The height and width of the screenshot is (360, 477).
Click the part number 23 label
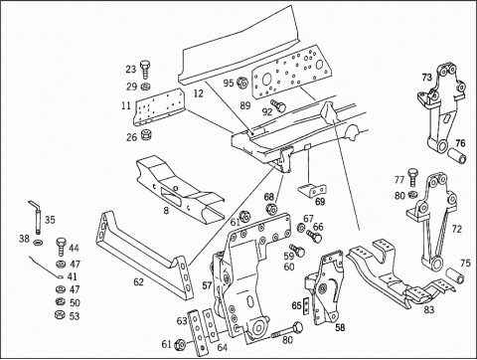pos(131,69)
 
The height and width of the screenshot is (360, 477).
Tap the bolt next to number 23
pos(145,70)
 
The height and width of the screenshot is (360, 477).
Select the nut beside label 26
pos(145,135)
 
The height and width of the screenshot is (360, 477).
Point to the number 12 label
pos(198,93)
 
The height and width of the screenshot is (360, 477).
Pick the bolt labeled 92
pos(278,105)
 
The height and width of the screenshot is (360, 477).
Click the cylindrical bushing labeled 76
pos(457,156)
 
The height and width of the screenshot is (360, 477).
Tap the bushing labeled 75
pos(455,276)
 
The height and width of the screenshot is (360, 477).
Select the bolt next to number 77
pos(412,177)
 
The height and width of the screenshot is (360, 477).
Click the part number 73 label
pos(427,78)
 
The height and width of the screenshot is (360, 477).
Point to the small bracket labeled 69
pos(312,190)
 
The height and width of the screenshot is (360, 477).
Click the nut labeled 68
pos(271,209)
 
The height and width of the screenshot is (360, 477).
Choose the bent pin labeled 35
pos(36,217)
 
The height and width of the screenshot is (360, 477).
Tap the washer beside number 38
pos(38,243)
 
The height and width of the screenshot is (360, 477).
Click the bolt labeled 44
pos(61,246)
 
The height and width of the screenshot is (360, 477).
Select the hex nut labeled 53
pos(59,314)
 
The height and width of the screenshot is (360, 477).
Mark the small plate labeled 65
pos(306,305)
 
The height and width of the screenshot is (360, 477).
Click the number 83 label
pos(429,310)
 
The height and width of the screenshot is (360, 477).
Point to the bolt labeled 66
pos(314,236)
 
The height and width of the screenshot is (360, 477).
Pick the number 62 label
pos(139,282)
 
